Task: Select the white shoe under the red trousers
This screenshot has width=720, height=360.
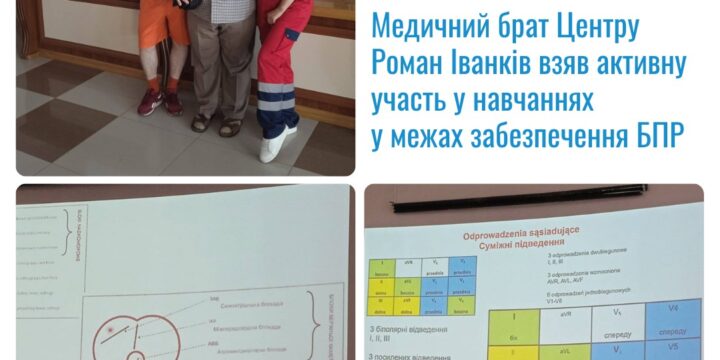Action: tap(278, 142)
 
